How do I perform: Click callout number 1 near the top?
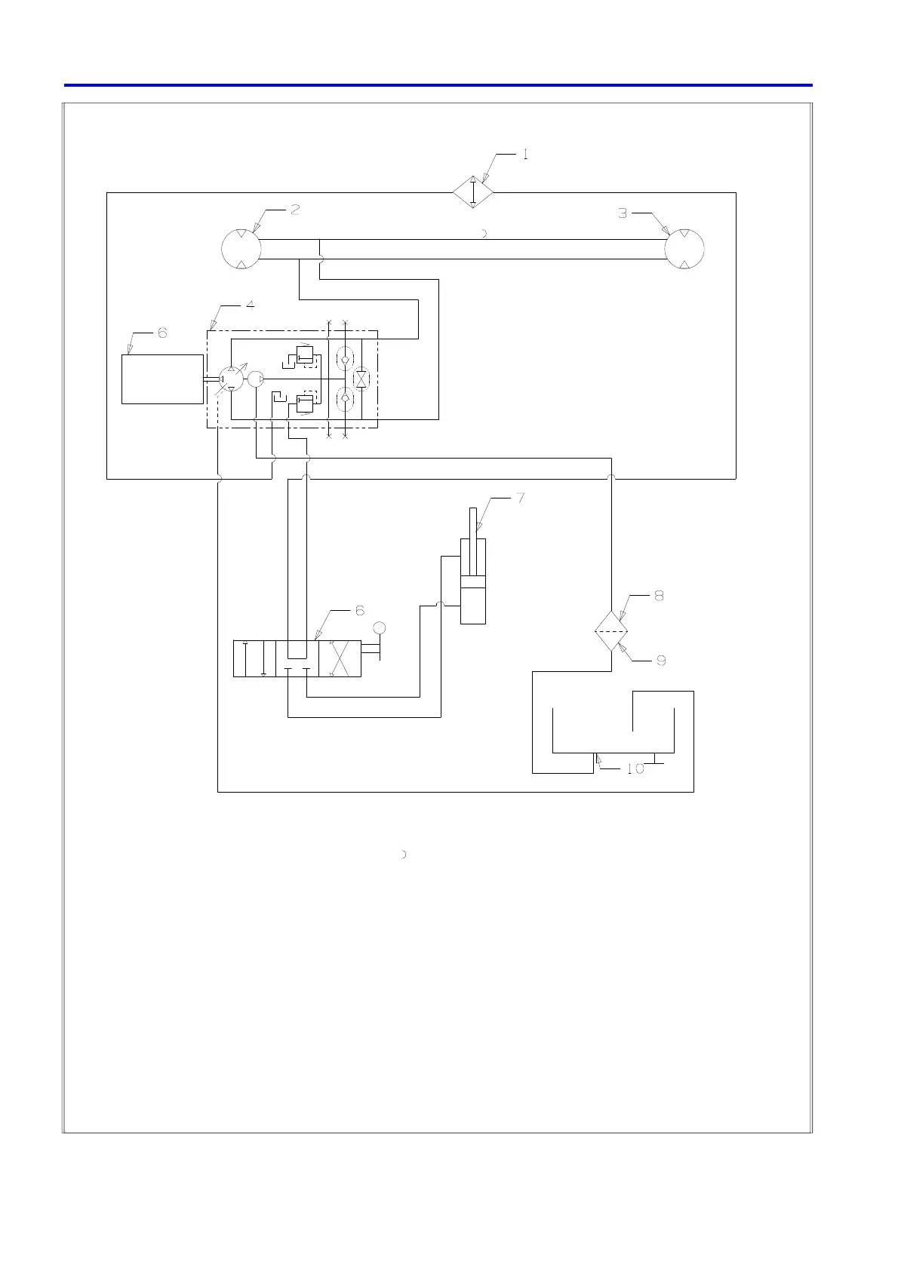524,155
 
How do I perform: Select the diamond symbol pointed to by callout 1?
473,193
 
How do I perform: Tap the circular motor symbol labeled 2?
241,248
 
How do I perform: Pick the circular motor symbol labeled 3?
684,248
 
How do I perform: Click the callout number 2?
295,210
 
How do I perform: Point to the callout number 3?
623,213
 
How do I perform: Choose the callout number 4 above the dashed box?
250,305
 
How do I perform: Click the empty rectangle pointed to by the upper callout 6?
162,379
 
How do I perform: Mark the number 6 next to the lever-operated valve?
360,611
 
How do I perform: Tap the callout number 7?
520,498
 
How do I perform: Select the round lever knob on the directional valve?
380,628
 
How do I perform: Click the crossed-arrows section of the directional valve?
340,658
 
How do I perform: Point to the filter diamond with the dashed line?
611,631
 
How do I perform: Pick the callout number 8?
659,596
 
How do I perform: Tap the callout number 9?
661,661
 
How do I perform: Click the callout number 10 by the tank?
635,769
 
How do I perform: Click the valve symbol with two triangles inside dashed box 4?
361,379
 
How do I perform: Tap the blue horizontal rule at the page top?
438,85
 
